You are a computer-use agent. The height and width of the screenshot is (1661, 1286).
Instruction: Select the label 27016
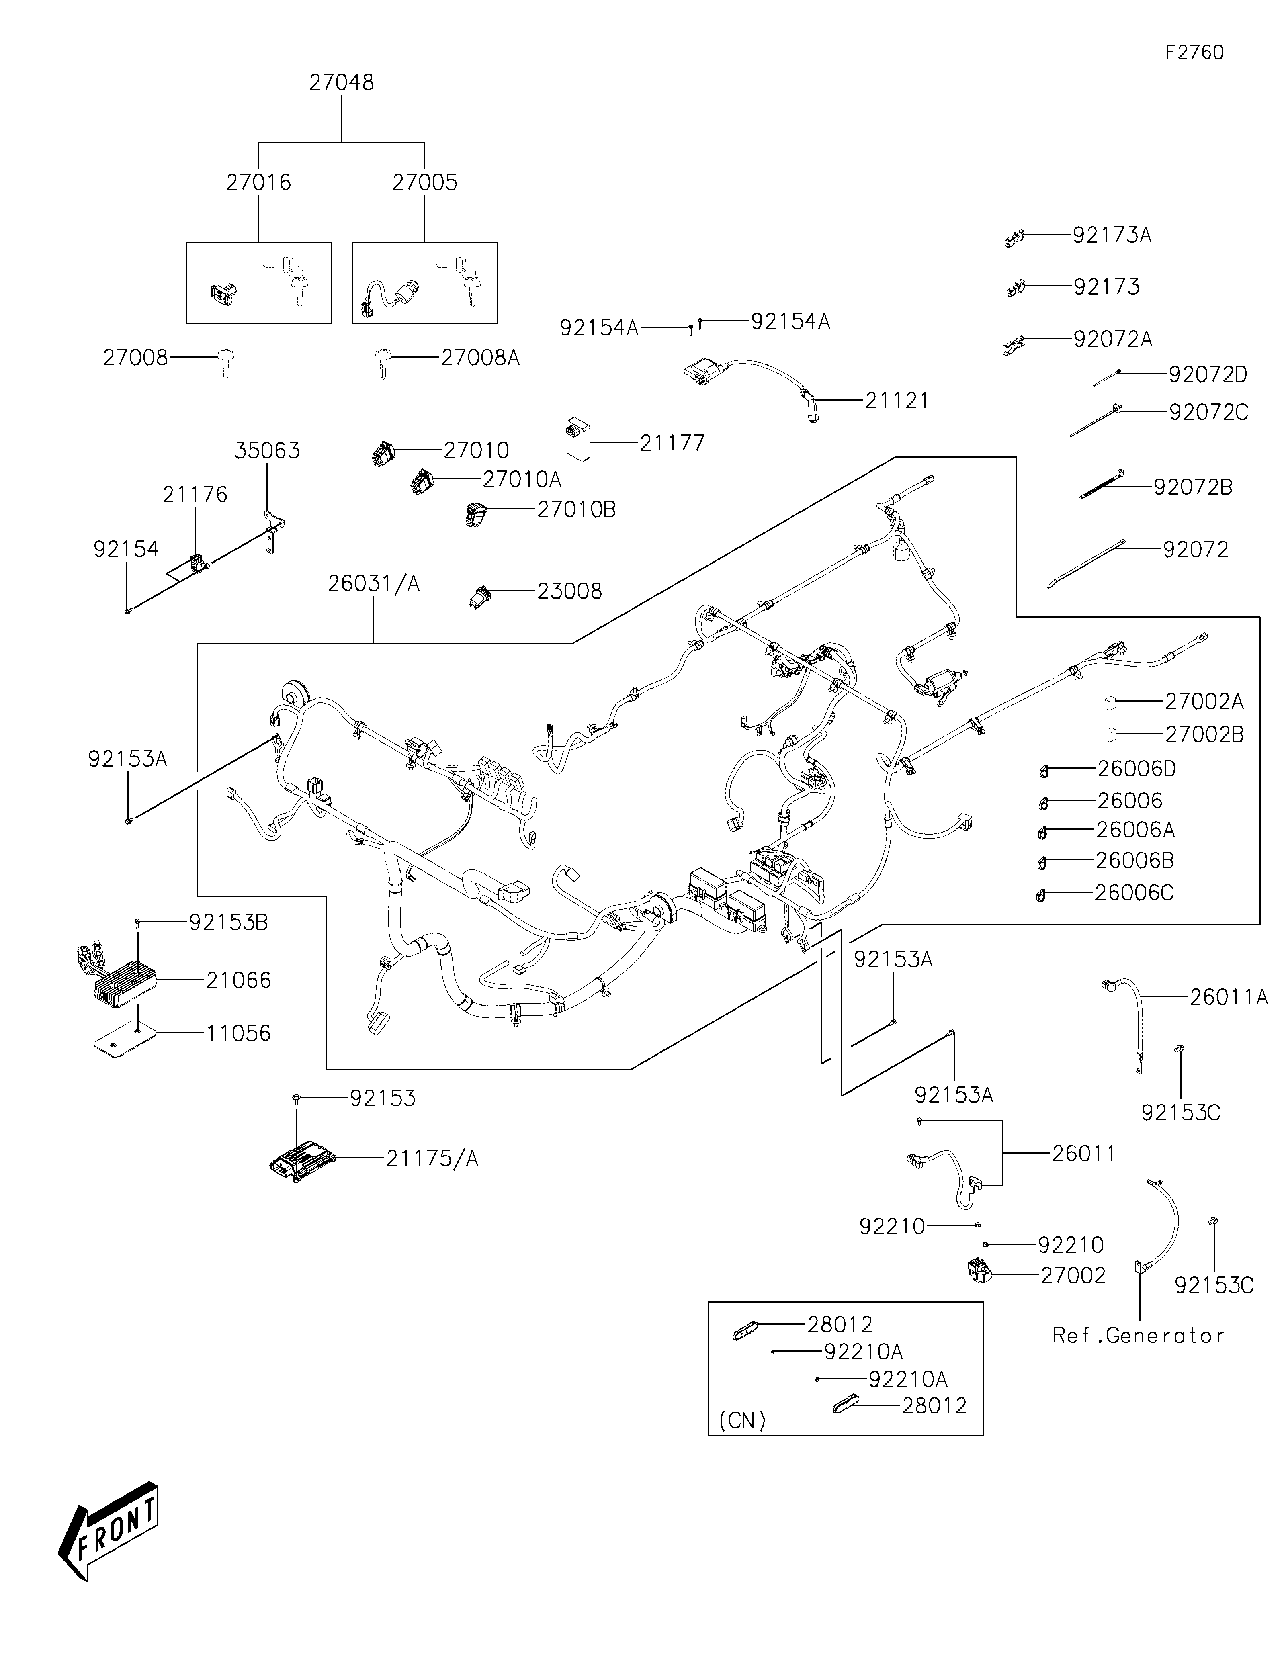click(x=258, y=182)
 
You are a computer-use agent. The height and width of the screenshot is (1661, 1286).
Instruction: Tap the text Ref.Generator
click(x=1138, y=1336)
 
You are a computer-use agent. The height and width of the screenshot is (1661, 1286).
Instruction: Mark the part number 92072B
click(x=1192, y=487)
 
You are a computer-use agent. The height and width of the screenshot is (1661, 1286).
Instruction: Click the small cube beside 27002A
click(x=1110, y=703)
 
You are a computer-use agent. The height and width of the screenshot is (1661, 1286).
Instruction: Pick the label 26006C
click(x=1134, y=893)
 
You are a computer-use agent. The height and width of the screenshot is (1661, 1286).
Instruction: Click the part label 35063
click(x=267, y=451)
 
